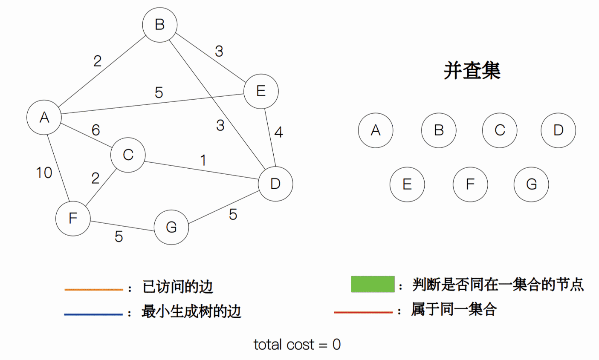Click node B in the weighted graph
pos(159,25)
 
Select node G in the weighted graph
pos(171,227)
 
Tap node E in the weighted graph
pos(261,91)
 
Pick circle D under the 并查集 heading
pos(558,130)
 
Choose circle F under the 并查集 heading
pos(470,184)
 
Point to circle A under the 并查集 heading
pos(376,130)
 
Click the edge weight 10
pos(44,173)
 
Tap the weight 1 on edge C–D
pos(203,160)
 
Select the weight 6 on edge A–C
pos(95,130)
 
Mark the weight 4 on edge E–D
pos(278,132)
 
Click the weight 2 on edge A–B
pos(98,61)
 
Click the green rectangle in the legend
pos(373,285)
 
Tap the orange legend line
pos(93,290)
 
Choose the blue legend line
pos(93,314)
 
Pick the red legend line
pos(363,312)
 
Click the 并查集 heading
pos(472,71)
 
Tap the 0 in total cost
pos(336,344)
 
